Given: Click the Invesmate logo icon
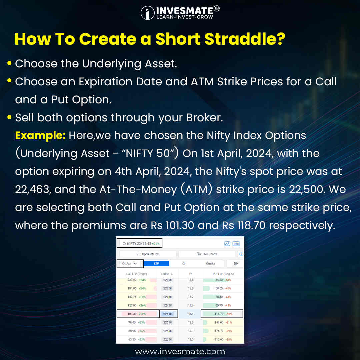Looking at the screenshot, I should (147, 13).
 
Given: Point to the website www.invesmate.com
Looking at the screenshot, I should (180, 351).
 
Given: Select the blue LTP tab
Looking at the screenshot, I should (156, 263).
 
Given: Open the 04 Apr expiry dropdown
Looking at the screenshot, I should (130, 263).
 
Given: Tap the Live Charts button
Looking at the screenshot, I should (207, 254).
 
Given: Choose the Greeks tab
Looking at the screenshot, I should (211, 263).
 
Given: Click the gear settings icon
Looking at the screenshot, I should (236, 263).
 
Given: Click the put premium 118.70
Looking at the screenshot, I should (217, 314).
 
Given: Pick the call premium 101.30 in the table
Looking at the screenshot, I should (132, 314).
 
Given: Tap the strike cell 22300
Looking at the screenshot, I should (168, 280).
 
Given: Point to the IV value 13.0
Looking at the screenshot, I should (191, 339).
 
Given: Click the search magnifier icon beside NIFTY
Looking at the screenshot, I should (124, 244).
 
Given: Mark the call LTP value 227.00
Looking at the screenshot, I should (132, 280).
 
